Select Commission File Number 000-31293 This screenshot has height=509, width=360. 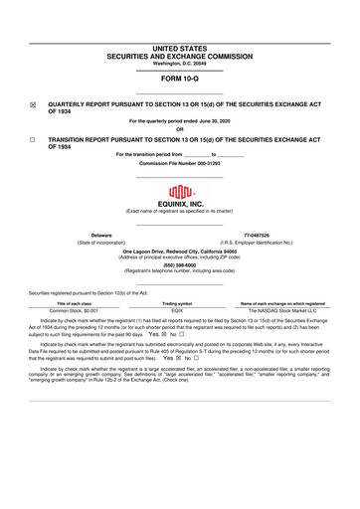pyautogui.click(x=179, y=163)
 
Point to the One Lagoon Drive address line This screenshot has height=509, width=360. pyautogui.click(x=179, y=252)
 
